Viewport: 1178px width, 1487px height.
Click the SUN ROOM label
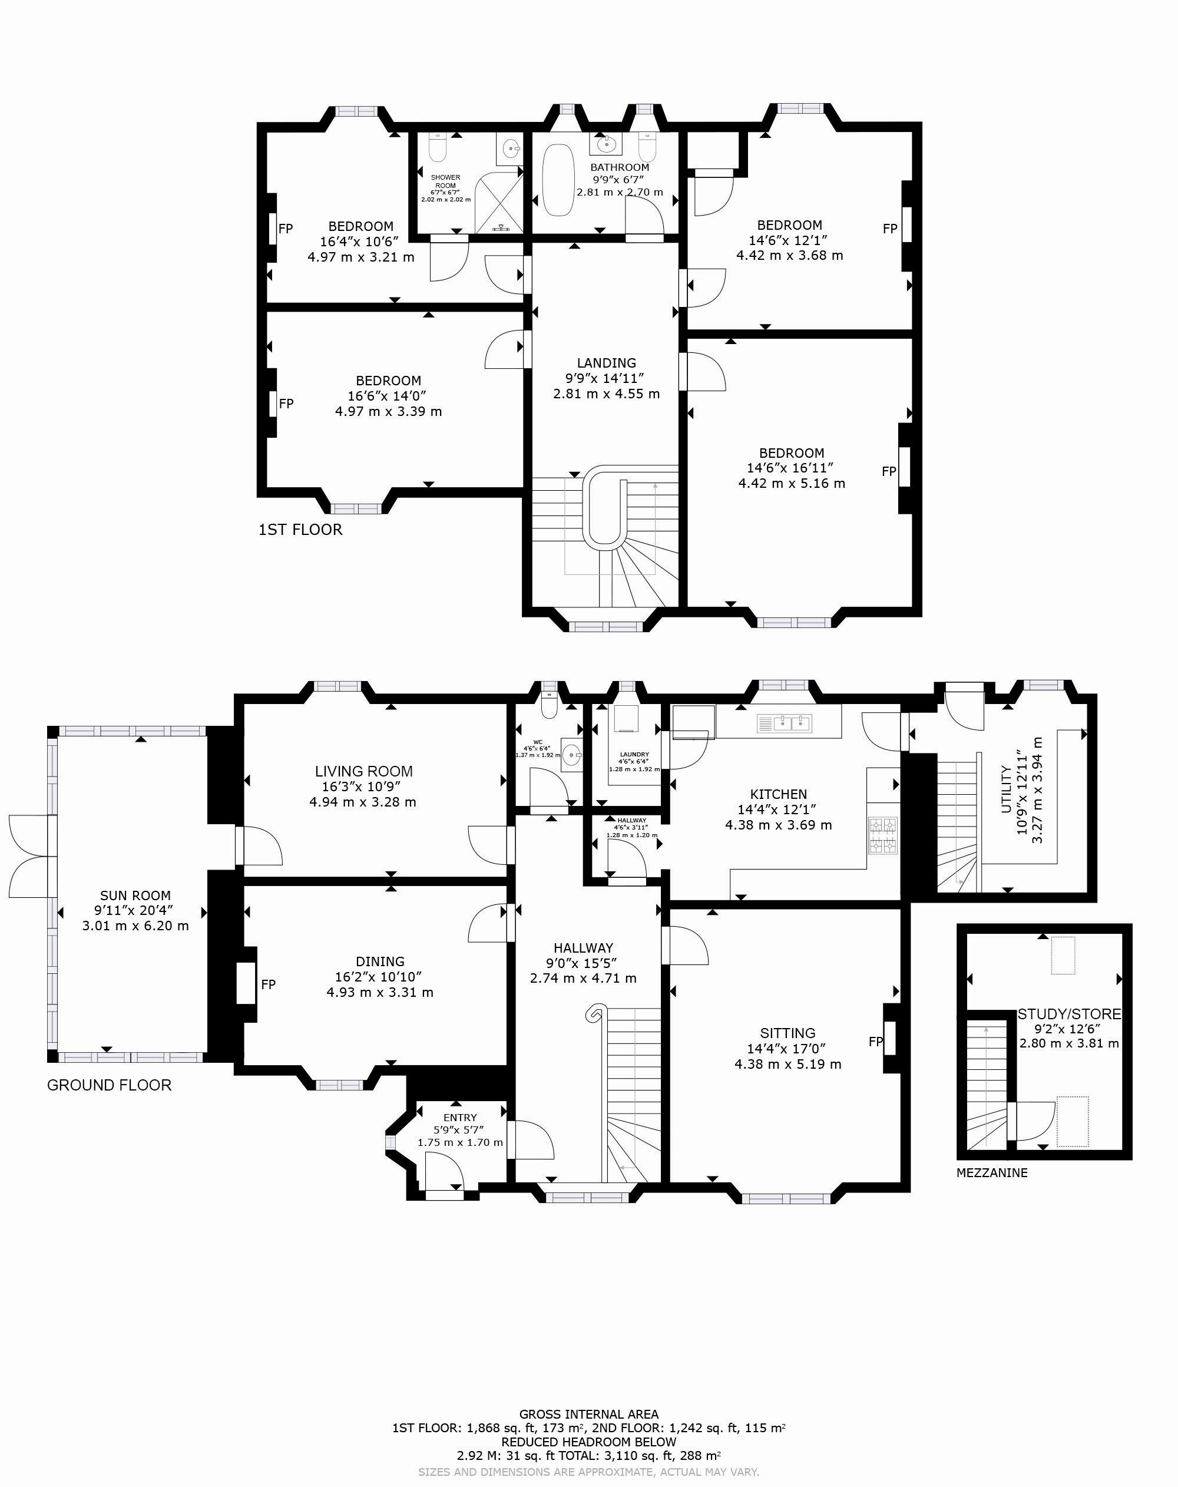135,896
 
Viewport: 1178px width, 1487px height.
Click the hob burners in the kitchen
883,836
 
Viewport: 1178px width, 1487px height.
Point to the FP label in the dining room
269,985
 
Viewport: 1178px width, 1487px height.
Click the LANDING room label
606,363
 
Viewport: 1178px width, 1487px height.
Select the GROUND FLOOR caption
109,1085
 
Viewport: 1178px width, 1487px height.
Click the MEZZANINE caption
992,1172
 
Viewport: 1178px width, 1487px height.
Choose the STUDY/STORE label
1069,1014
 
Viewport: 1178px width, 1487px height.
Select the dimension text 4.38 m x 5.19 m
787,1063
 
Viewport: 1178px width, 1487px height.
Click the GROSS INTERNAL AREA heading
589,1414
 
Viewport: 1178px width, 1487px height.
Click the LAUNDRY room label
634,755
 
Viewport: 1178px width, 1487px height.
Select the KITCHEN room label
779,795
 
